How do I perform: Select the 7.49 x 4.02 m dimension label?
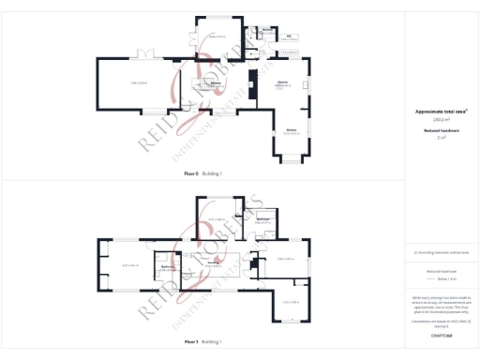(138, 83)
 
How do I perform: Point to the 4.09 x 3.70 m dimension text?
(217, 36)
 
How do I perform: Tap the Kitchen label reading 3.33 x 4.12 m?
(292, 131)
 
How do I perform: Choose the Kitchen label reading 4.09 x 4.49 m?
(282, 84)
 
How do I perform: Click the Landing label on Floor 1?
(214, 263)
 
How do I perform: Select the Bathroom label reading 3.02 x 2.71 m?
(263, 221)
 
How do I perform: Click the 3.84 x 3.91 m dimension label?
(287, 258)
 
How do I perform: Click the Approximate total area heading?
(441, 111)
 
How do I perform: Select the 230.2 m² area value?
(441, 119)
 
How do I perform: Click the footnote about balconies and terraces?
(441, 252)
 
